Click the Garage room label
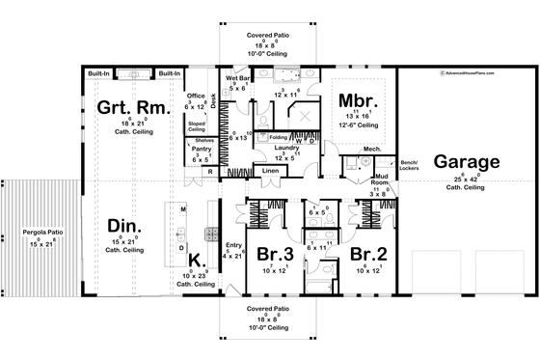pyautogui.click(x=466, y=162)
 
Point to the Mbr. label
pyautogui.click(x=357, y=101)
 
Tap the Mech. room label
pyautogui.click(x=372, y=149)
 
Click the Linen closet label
pyautogui.click(x=271, y=171)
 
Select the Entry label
pyautogui.click(x=235, y=246)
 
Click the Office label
pyautogui.click(x=197, y=96)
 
